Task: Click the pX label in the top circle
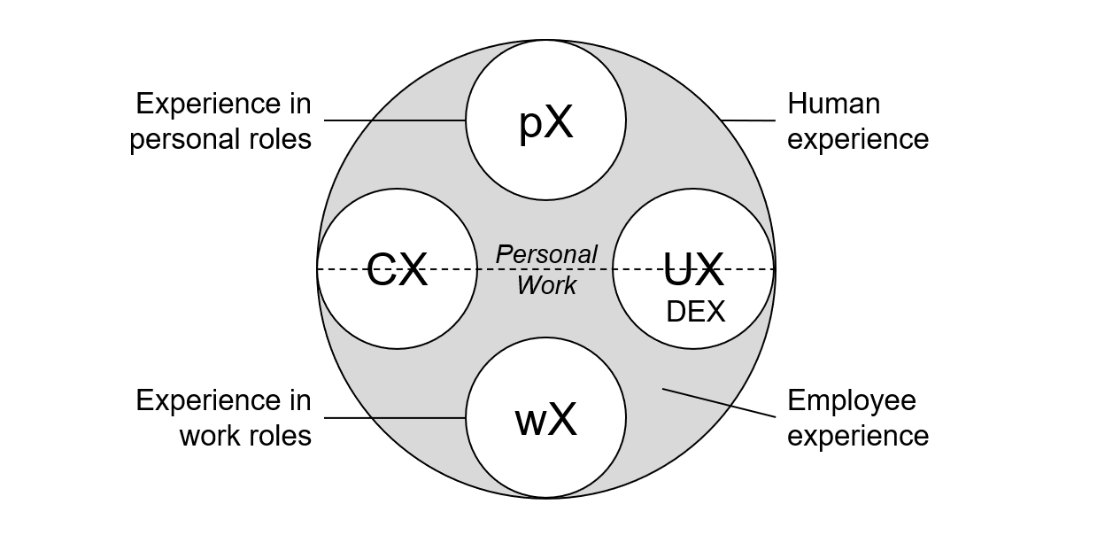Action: point(545,123)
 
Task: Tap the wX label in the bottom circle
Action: point(545,420)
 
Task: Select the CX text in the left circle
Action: point(397,269)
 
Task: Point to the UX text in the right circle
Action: point(693,269)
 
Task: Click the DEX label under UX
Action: point(695,312)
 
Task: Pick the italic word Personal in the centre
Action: point(546,254)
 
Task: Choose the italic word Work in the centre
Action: point(546,285)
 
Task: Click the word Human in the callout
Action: point(833,105)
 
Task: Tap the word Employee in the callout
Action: point(851,401)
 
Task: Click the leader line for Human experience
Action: point(748,120)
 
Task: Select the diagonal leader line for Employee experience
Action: point(718,403)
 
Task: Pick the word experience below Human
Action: point(857,140)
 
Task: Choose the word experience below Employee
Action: point(857,436)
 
